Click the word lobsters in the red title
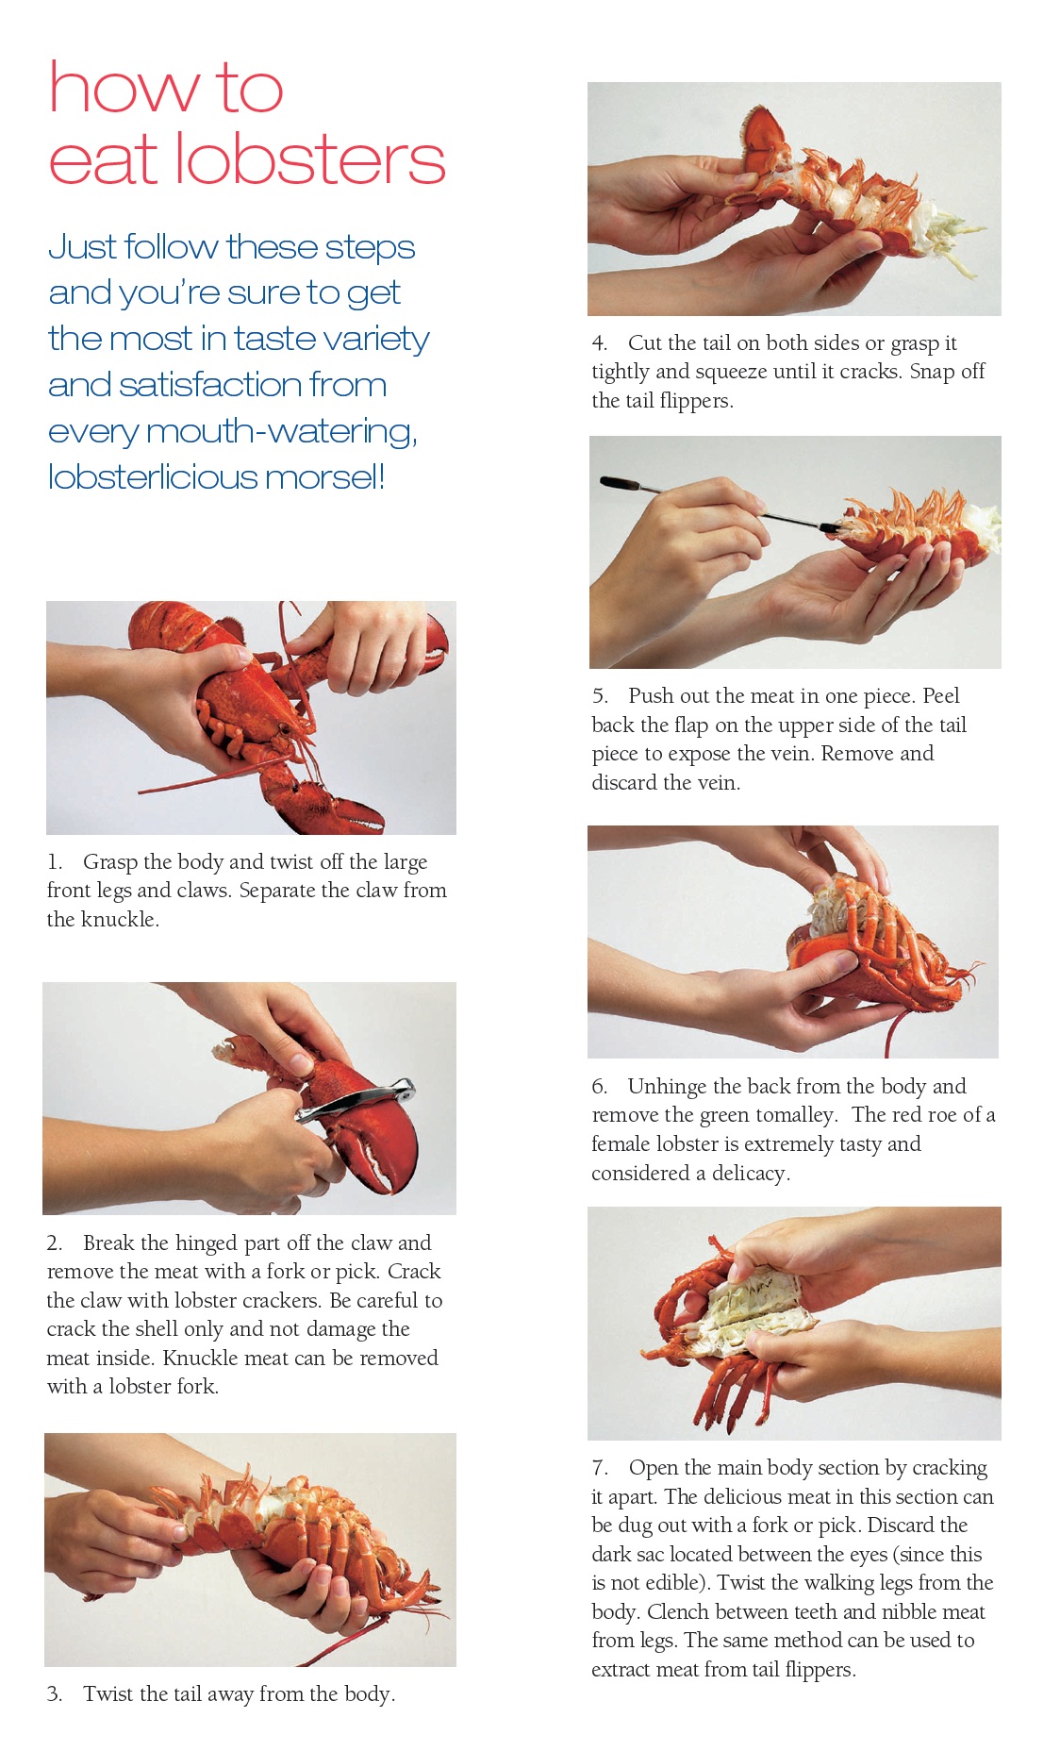tap(309, 160)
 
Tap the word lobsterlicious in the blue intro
tap(152, 476)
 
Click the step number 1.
tap(55, 862)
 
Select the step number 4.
tap(599, 343)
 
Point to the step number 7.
tap(600, 1468)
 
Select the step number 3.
tap(55, 1694)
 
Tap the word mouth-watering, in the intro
tap(281, 431)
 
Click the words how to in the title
tap(165, 88)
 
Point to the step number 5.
tap(600, 696)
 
